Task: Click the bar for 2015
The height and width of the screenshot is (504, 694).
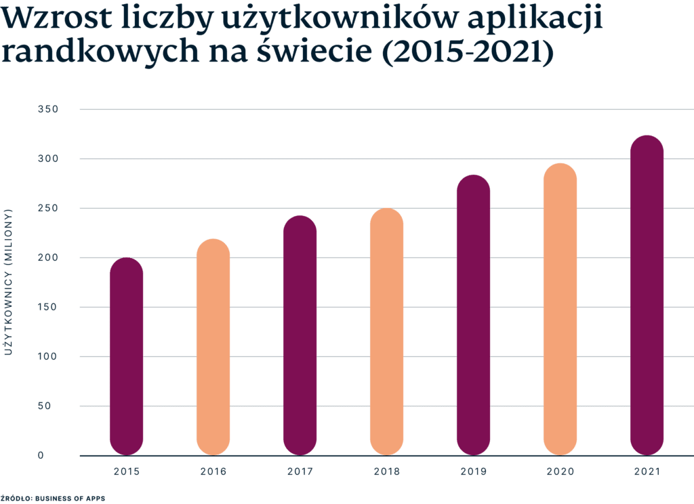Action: pyautogui.click(x=126, y=356)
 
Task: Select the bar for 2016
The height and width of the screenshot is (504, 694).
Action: pyautogui.click(x=213, y=347)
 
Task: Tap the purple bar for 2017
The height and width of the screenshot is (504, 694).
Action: pyautogui.click(x=300, y=335)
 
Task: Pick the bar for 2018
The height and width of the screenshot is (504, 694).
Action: pyautogui.click(x=386, y=331)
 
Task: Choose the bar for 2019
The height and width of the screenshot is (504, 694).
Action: pyautogui.click(x=473, y=315)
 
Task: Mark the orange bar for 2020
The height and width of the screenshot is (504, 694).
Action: pyautogui.click(x=560, y=309)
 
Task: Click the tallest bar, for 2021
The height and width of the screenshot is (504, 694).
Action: pyautogui.click(x=647, y=295)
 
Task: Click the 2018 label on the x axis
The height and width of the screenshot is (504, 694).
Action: pyautogui.click(x=386, y=471)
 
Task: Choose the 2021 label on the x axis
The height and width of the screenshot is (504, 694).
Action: pyautogui.click(x=647, y=471)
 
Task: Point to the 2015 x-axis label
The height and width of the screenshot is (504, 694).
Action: pyautogui.click(x=126, y=471)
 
